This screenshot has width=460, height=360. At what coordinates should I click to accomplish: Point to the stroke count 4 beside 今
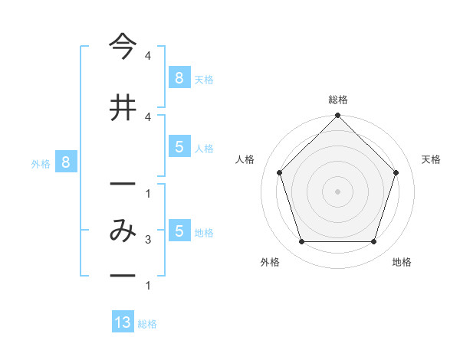coord(147,56)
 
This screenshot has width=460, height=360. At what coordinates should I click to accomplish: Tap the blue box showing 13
coord(123,322)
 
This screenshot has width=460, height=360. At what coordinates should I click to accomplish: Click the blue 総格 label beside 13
coord(147,324)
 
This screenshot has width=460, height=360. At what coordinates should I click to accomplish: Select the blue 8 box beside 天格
coord(179,77)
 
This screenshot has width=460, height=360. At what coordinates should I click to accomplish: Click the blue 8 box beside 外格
coord(66,162)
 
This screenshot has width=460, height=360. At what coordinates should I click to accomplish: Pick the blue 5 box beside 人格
coord(179,147)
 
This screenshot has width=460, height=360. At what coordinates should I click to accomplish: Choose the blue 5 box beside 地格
coord(179,231)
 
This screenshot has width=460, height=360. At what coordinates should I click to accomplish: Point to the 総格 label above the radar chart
coord(337,100)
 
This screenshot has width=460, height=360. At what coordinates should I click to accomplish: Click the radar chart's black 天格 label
coord(431,159)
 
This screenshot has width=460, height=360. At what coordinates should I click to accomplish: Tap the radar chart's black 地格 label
coord(402,262)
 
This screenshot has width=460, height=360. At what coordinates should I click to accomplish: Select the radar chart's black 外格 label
coord(270,262)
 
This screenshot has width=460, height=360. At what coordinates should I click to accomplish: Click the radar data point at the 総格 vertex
coord(337,116)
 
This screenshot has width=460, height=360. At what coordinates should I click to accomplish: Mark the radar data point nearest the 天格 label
coord(396,172)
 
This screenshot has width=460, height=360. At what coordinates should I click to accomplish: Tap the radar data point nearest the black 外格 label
coord(301,242)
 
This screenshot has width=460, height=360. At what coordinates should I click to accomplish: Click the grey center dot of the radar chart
coord(337,191)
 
